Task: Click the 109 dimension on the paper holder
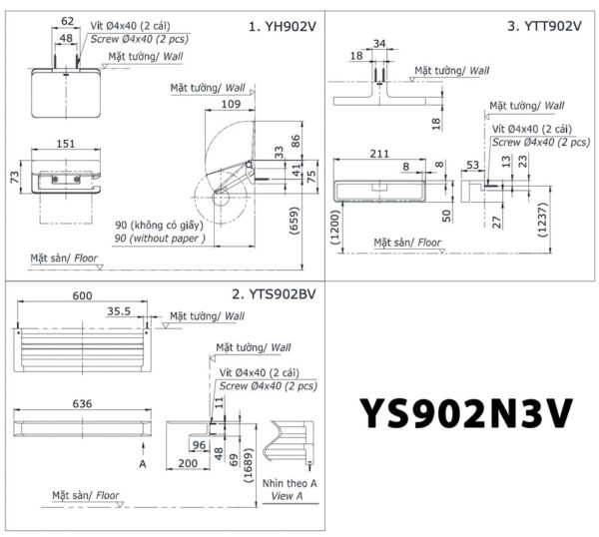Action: (232, 105)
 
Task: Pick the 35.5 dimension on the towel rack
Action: (118, 311)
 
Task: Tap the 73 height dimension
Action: (14, 177)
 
